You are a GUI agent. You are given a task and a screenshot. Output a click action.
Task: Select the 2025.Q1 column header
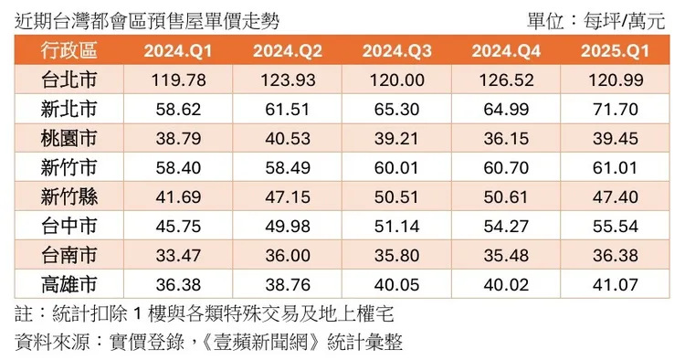[x=615, y=51]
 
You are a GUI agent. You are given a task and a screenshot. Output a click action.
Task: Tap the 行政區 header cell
[x=69, y=51]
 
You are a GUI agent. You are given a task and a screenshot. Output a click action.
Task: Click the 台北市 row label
[x=69, y=80]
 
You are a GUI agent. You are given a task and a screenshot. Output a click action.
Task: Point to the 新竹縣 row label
[x=69, y=196]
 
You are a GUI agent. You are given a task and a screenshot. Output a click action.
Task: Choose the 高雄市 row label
[x=69, y=283]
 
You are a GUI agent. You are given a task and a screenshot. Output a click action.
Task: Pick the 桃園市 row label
[x=69, y=138]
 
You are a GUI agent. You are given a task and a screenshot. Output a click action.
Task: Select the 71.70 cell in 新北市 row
[x=615, y=109]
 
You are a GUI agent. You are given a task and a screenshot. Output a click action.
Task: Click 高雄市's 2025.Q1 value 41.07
[x=615, y=283]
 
